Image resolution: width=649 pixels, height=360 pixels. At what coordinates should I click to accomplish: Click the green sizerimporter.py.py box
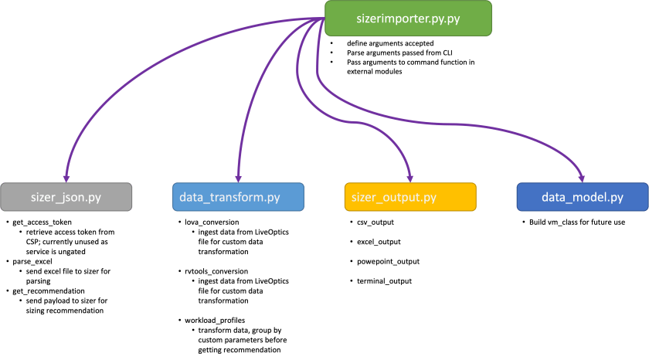tap(407, 18)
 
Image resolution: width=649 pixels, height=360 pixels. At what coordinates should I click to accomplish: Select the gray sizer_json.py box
tap(66, 198)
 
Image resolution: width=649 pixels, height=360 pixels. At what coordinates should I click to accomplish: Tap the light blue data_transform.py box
tap(236, 198)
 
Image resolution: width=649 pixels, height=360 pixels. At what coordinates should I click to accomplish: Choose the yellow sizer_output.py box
tap(409, 198)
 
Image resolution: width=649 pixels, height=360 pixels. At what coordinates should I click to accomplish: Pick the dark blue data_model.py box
tap(582, 198)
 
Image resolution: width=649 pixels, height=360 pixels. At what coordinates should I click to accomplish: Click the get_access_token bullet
tap(38, 222)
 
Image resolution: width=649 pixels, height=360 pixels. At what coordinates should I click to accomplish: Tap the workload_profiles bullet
tap(209, 318)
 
